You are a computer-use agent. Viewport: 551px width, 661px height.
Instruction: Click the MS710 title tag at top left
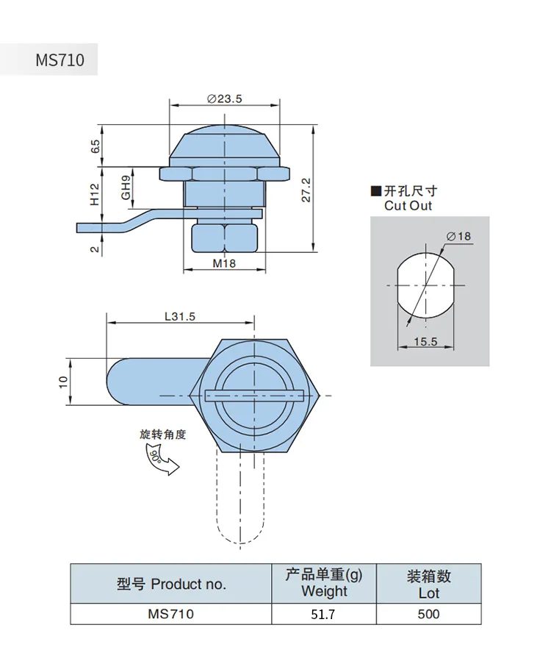click(x=60, y=60)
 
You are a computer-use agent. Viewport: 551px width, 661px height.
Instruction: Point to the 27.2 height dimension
click(x=307, y=189)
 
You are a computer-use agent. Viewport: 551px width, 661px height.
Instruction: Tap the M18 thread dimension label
click(x=224, y=262)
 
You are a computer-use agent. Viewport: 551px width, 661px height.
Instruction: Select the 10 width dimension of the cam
click(x=63, y=381)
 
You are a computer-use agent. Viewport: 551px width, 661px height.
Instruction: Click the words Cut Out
click(x=408, y=206)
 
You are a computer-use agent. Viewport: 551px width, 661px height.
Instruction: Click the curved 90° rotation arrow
click(x=162, y=460)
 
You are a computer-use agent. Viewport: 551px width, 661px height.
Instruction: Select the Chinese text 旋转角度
click(x=163, y=435)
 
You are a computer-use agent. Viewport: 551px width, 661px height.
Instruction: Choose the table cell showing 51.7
click(x=324, y=614)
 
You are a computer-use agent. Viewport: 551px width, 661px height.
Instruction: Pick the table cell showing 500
click(x=428, y=614)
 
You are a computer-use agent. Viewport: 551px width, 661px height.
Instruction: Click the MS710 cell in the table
click(x=171, y=614)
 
